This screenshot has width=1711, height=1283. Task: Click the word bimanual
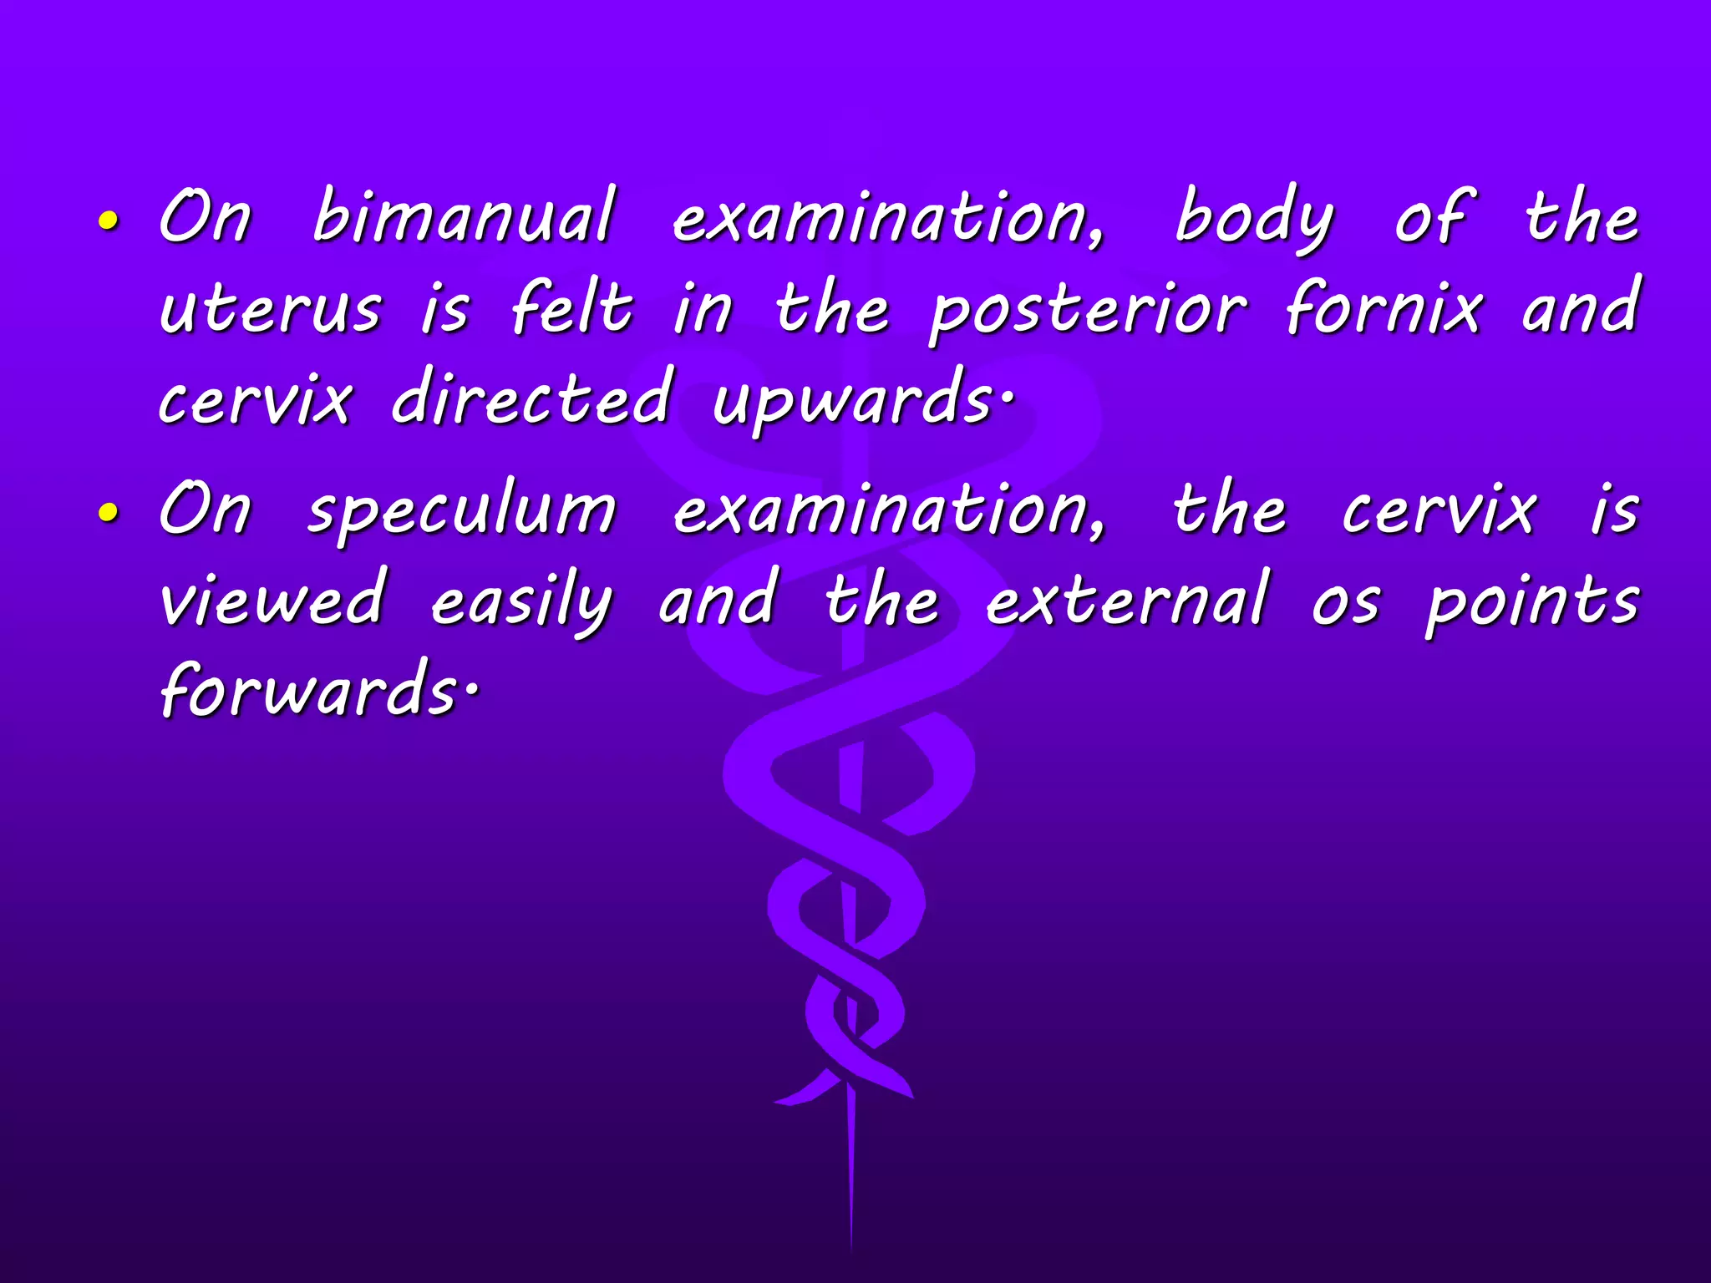465,217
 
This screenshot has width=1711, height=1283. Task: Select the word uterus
271,309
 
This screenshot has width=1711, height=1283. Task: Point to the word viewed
272,600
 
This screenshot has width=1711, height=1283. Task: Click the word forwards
309,692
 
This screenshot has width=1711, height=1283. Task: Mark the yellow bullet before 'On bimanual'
108,221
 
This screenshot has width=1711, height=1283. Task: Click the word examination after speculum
891,511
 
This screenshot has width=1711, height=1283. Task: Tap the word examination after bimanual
889,219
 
